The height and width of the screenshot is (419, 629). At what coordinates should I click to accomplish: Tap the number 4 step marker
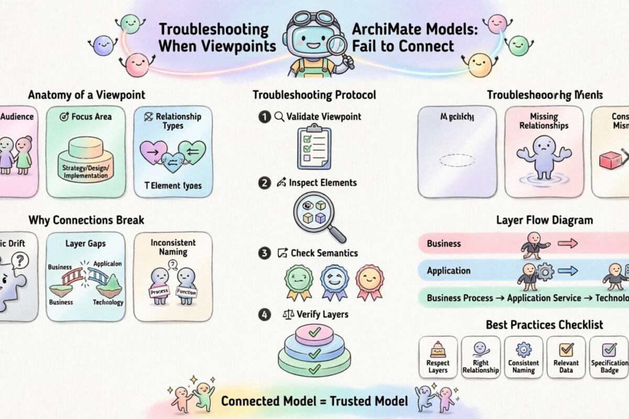pos(264,315)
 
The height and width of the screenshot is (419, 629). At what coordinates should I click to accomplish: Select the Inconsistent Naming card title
pos(173,247)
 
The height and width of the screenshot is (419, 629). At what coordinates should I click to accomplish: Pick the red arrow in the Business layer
pos(568,243)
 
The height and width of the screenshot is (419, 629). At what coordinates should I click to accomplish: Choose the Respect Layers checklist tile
pos(438,357)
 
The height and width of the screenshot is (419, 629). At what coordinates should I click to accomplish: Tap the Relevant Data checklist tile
pos(566,357)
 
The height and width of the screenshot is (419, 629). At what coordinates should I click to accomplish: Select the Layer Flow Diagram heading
pos(544,220)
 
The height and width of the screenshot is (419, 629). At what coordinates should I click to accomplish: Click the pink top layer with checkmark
pos(314,332)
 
